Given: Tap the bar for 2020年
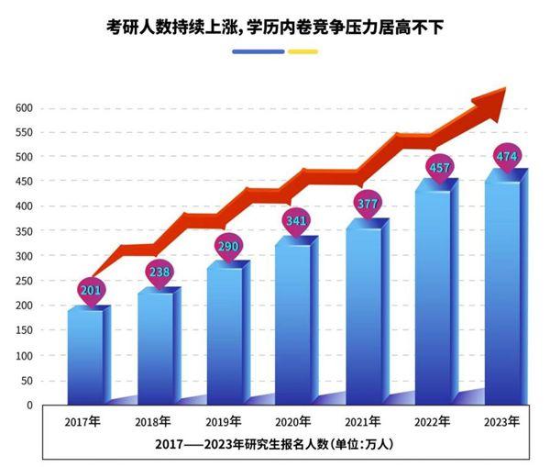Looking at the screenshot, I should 294,321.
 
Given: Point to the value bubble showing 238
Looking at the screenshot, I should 159,272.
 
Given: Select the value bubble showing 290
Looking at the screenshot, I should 227,247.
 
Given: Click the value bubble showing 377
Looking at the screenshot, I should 367,204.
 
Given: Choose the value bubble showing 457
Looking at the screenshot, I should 437,167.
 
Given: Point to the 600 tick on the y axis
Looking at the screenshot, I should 25,108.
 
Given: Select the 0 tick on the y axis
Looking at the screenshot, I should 30,406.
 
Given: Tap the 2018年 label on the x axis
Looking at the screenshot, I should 154,424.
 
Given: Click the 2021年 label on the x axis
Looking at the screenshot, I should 361,424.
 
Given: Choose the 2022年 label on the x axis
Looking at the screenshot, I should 431,423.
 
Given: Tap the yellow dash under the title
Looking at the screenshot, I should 302,51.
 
